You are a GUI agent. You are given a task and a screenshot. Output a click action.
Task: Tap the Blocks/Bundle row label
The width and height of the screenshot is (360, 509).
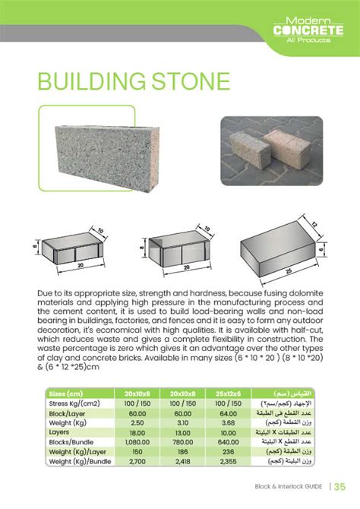coord(71,441)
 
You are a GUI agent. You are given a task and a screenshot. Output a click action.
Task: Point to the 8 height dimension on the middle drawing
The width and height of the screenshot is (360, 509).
coord(141,247)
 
